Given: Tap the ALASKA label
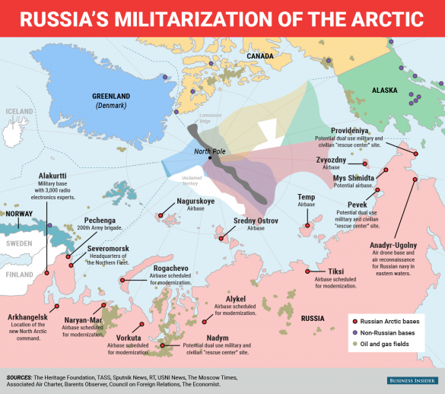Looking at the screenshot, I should tap(384, 91).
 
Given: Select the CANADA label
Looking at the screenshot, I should tap(260, 56).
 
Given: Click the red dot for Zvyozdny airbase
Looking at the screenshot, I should tap(365, 164).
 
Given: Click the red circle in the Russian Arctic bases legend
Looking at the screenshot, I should tap(354, 318).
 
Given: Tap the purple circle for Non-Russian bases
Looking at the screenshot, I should tap(354, 332).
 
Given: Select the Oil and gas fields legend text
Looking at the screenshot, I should tap(387, 345).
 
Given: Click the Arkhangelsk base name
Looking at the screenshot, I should tap(28, 316).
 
